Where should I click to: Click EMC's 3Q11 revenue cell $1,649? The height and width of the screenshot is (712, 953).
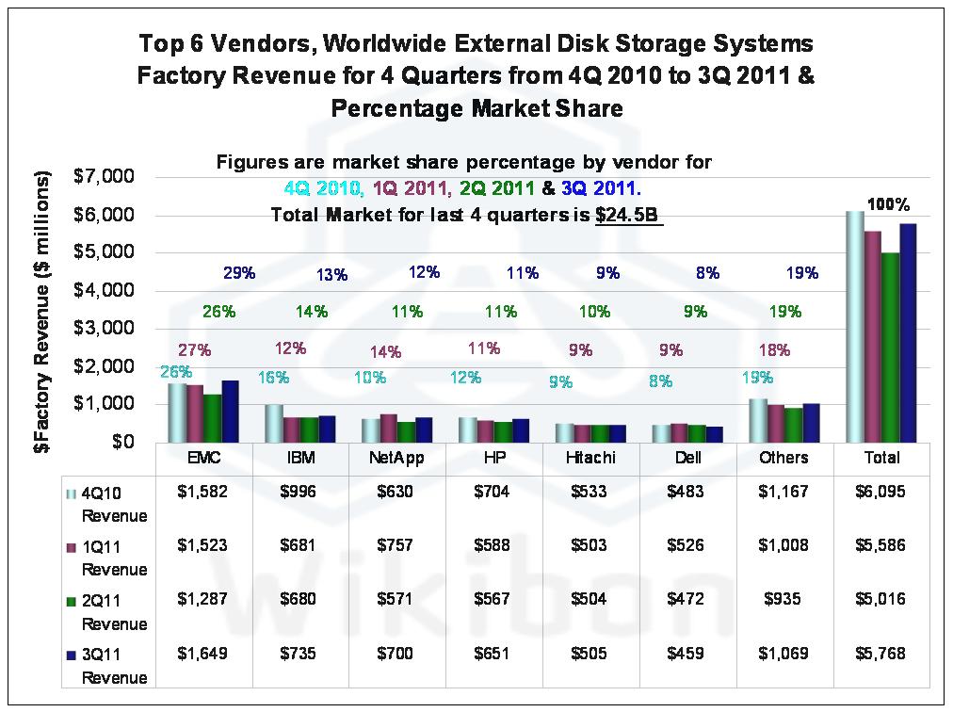tap(203, 654)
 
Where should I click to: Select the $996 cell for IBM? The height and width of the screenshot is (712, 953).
tap(300, 491)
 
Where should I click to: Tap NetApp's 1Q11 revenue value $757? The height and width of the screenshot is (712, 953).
tap(397, 545)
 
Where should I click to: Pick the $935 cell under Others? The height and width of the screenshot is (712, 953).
tap(785, 599)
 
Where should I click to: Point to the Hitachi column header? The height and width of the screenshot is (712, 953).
tap(590, 458)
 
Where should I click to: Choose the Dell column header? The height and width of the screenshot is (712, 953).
tap(688, 458)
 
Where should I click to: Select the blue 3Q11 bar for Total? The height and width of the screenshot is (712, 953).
tap(908, 332)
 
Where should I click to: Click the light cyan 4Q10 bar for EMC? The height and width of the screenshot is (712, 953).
tap(177, 412)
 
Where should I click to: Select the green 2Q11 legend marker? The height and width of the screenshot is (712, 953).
tap(70, 600)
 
